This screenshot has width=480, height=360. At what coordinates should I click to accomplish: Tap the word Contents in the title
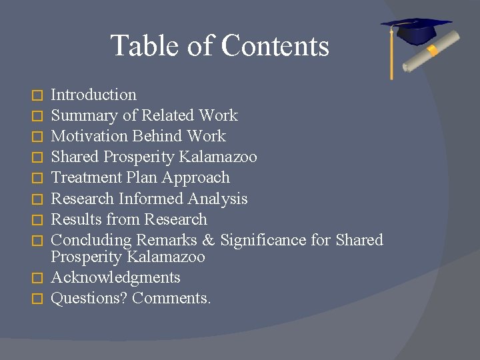coord(275,46)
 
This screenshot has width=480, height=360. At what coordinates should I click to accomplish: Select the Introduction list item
coord(93,95)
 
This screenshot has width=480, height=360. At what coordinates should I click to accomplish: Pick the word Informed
coord(151,199)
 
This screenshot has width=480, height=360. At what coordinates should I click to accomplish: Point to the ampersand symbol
coord(209,240)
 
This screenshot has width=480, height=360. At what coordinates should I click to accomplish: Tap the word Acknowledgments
coord(115,277)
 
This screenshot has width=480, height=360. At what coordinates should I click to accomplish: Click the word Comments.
coord(171,298)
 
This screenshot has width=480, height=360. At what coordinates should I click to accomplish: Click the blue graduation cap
coord(415,30)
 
